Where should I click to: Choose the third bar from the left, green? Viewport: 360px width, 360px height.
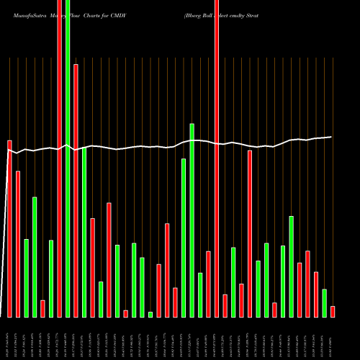click(26, 278)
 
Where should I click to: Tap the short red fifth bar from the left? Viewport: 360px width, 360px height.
click(42, 308)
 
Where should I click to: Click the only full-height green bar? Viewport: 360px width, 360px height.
click(68, 158)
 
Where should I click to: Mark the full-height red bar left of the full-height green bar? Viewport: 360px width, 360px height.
click(59, 158)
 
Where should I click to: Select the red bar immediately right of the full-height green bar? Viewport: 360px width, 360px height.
click(76, 191)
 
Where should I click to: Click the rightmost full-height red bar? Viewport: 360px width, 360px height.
click(217, 158)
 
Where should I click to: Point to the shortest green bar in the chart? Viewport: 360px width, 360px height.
click(150, 314)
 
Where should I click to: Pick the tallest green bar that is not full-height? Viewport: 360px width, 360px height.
click(192, 220)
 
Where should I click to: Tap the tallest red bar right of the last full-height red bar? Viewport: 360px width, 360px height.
click(250, 233)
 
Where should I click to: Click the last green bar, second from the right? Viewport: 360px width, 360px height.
click(324, 302)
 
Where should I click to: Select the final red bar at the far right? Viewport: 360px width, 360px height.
click(333, 311)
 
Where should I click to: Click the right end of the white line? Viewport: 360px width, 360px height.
click(331, 137)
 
